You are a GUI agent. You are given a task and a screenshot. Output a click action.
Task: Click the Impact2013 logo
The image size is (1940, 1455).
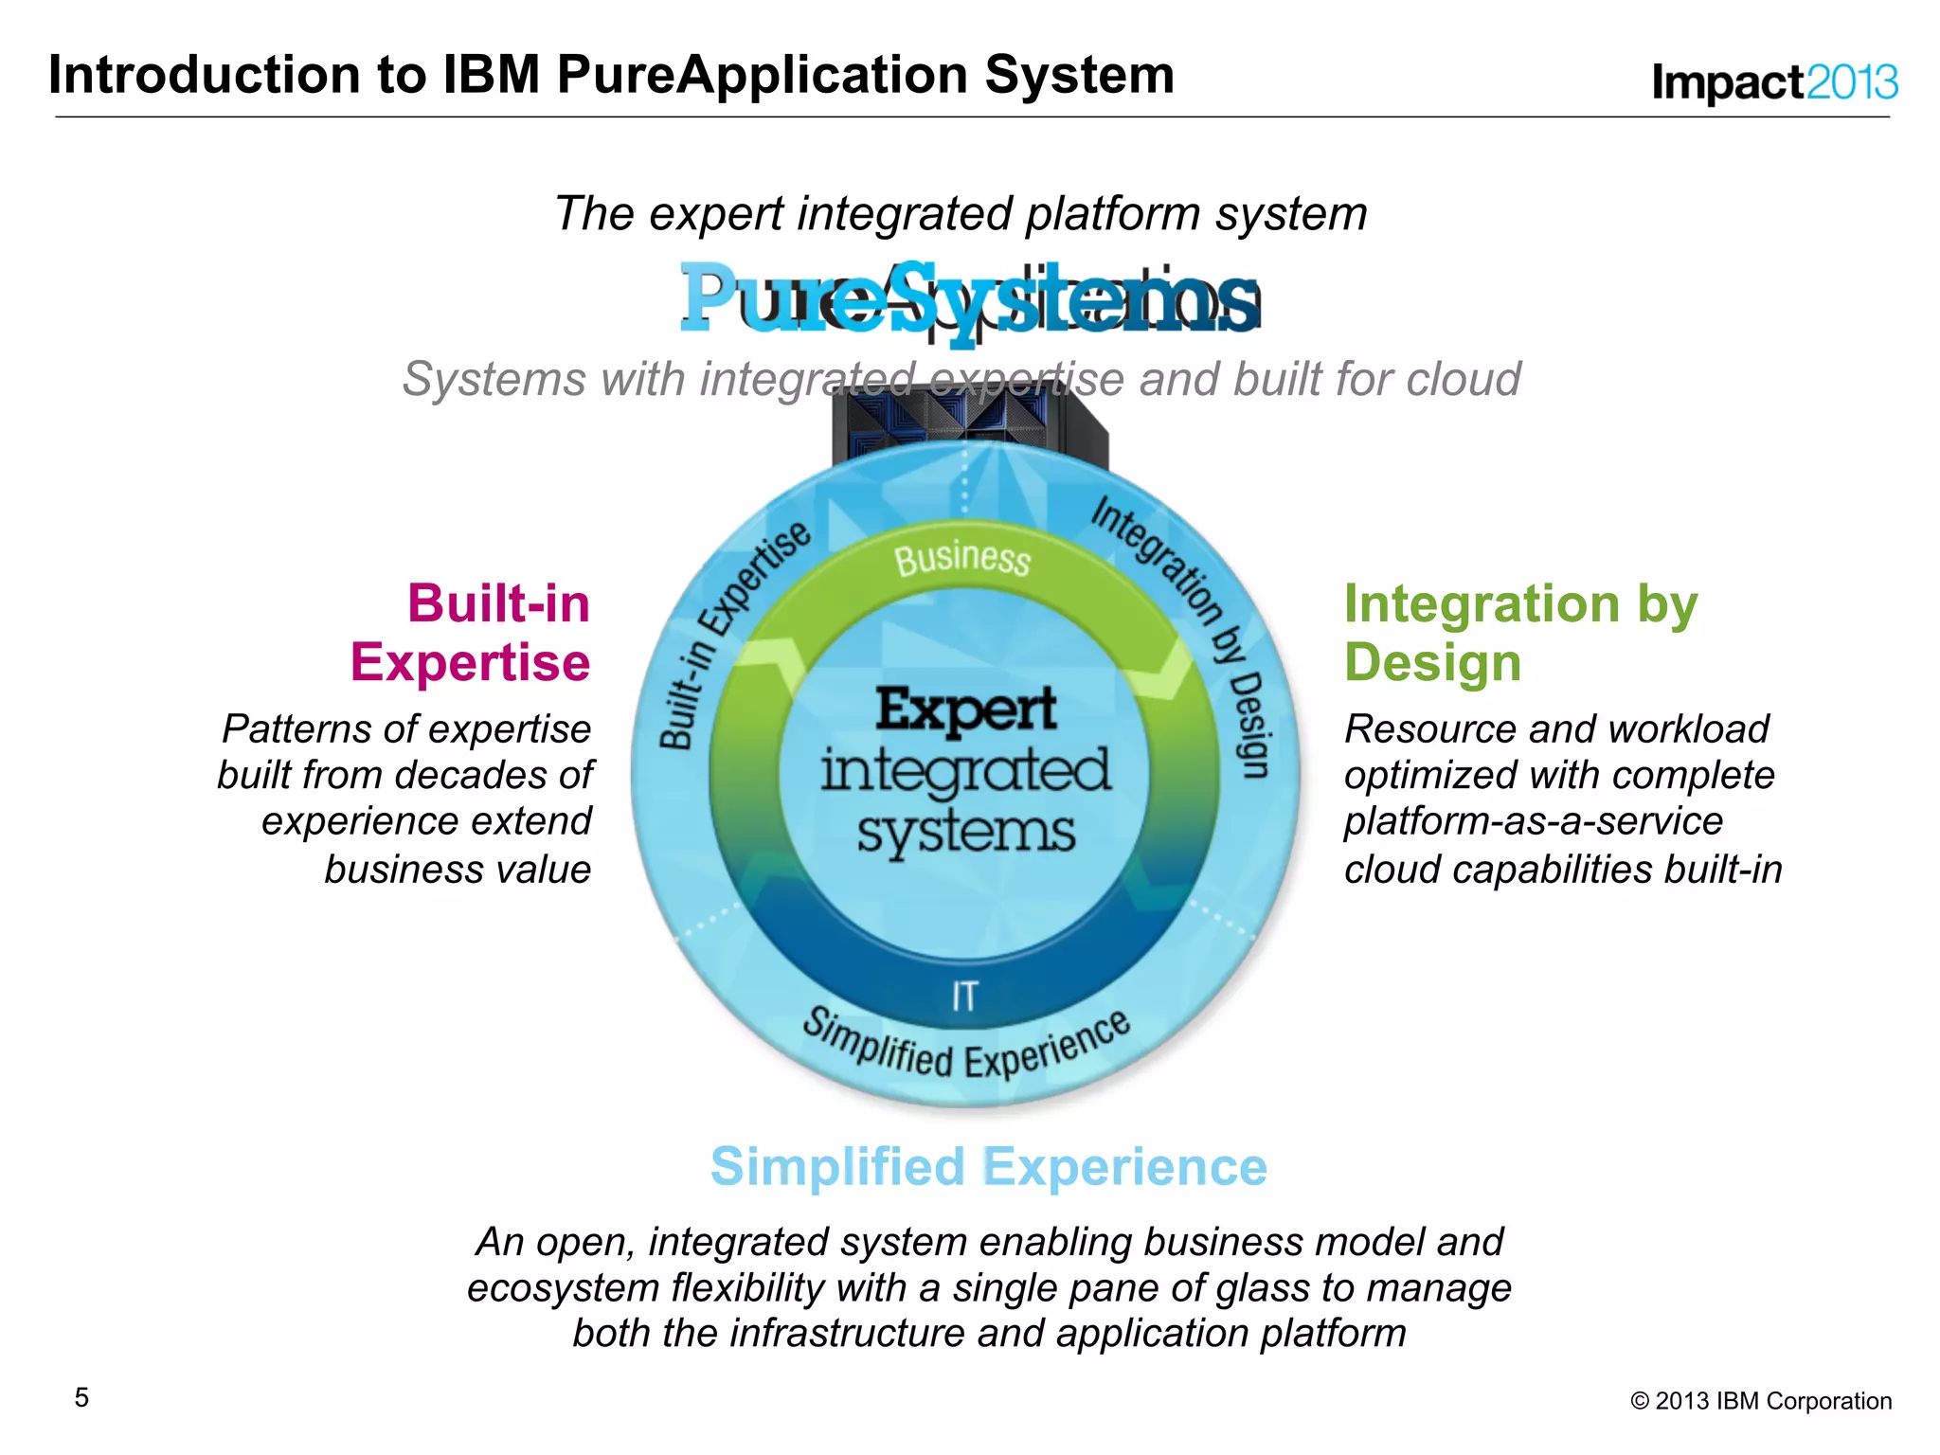click(x=1774, y=82)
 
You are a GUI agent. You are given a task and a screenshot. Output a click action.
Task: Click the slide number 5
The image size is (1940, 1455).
click(x=81, y=1397)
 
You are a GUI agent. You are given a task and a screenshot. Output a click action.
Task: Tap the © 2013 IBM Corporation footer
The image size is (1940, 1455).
click(x=1760, y=1401)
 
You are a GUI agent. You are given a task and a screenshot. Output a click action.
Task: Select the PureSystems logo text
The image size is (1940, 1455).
click(x=969, y=298)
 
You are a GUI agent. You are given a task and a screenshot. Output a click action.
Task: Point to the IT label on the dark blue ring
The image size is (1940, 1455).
click(x=964, y=997)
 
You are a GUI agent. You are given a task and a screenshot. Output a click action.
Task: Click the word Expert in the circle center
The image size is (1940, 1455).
click(x=965, y=710)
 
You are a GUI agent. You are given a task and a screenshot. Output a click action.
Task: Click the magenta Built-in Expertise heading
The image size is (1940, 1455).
click(x=471, y=632)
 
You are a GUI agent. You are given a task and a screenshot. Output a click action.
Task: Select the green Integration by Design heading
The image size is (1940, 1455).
click(x=1520, y=632)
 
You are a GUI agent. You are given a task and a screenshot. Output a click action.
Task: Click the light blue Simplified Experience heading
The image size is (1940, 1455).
click(x=988, y=1166)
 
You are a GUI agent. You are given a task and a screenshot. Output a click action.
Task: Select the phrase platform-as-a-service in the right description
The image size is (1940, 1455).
click(x=1533, y=820)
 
